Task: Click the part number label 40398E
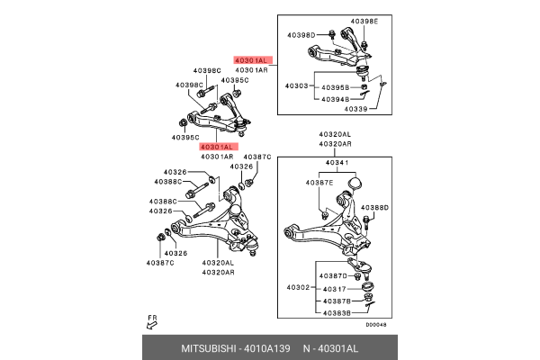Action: [364, 21]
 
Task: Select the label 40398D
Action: [301, 35]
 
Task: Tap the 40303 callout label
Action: [297, 85]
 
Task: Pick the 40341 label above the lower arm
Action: [335, 164]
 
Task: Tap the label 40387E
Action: [319, 184]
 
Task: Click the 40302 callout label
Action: [297, 288]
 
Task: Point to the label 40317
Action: [335, 288]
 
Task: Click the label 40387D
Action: [335, 276]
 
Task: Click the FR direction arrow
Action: [151, 322]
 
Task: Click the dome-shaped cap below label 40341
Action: [354, 184]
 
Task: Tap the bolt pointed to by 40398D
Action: [330, 36]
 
